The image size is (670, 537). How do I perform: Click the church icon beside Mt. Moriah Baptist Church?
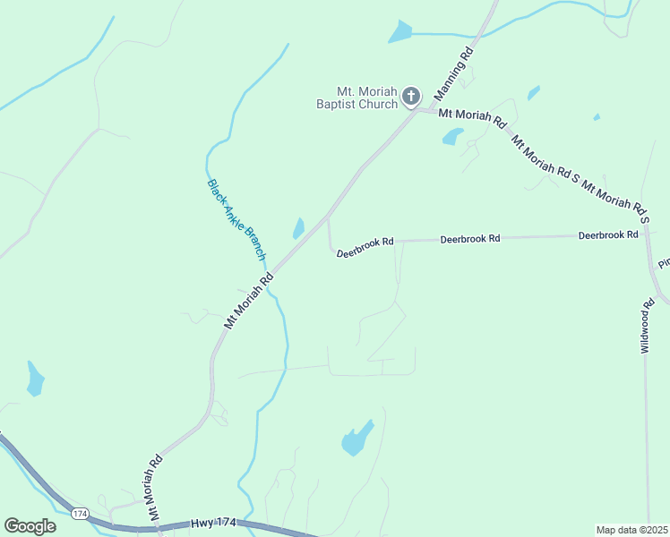coord(411,96)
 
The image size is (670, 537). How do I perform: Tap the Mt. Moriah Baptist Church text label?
coord(367,98)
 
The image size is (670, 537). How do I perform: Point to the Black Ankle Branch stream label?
coord(237,219)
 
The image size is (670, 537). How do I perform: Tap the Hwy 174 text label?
coord(213,522)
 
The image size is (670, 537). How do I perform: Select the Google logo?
coord(30,525)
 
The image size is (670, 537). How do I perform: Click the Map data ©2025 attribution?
coord(631,530)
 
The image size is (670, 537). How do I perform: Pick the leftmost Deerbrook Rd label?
coord(365,248)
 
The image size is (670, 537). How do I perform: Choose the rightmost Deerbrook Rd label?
coord(608,235)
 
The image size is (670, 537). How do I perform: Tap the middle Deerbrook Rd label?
coord(469,240)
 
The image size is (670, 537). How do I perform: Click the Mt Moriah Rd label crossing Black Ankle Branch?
coord(249,302)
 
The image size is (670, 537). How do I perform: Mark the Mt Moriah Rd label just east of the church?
coord(474,116)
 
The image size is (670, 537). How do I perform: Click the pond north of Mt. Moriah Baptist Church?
coord(399,33)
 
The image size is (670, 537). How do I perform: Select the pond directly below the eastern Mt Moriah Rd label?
coord(452,137)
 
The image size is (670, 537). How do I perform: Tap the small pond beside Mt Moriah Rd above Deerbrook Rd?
coord(298,229)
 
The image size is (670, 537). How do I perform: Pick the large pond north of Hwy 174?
coord(356,439)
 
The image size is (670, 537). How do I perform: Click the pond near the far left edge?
coord(35,379)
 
